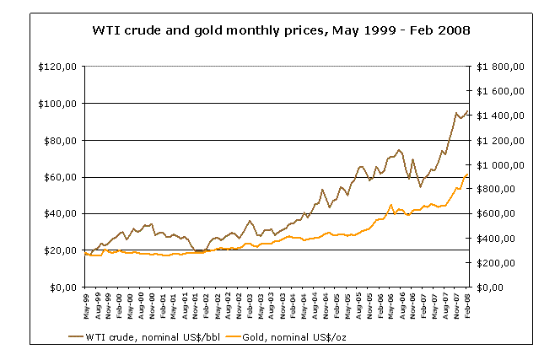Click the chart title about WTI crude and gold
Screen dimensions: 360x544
click(280, 30)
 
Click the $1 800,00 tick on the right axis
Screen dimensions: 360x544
click(501, 67)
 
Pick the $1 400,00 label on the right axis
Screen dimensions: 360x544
click(501, 116)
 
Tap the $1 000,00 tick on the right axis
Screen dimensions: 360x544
click(501, 164)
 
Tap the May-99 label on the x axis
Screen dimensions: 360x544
click(86, 303)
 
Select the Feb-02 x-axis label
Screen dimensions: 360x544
click(207, 303)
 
